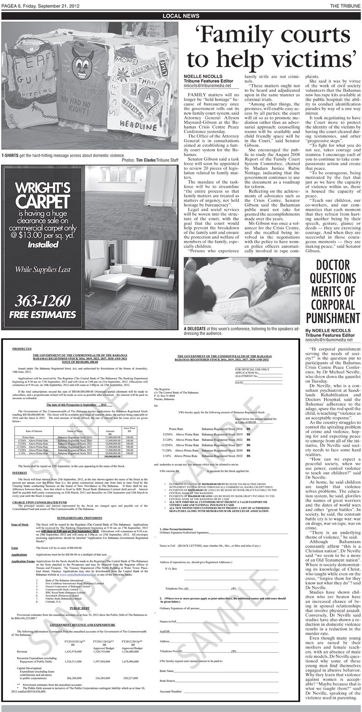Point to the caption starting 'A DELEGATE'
pyautogui.click(x=243, y=331)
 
